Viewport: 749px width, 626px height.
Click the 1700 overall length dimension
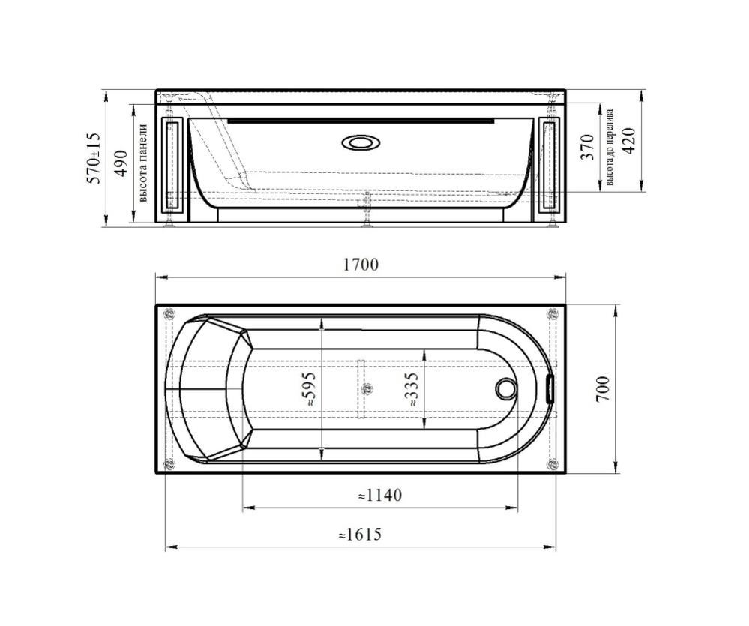[361, 265]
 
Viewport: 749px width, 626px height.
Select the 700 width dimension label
[603, 388]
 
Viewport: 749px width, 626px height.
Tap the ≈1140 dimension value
[380, 495]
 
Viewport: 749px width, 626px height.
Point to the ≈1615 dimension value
[360, 535]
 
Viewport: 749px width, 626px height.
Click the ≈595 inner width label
[310, 389]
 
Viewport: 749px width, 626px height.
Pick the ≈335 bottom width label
[410, 389]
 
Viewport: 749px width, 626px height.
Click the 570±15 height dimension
[94, 158]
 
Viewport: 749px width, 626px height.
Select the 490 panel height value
[122, 163]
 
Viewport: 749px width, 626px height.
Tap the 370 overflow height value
[587, 148]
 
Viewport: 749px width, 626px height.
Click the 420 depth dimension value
[630, 141]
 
